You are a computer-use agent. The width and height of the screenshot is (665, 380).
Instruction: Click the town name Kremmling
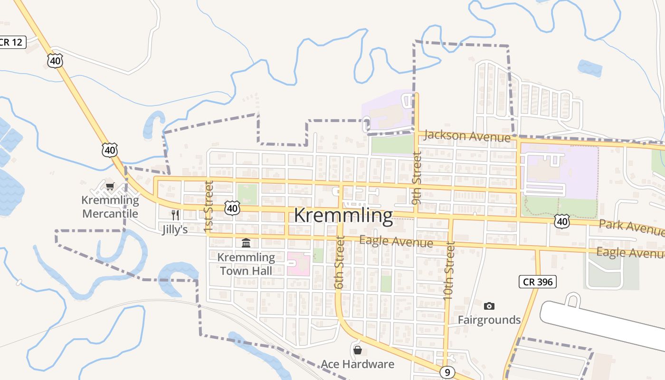(343, 216)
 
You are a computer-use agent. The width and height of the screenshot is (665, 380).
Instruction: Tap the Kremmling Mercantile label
(110, 207)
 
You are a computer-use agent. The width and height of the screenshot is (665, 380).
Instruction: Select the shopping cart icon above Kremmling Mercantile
(110, 186)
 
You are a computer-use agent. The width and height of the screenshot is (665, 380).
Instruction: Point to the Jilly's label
(175, 230)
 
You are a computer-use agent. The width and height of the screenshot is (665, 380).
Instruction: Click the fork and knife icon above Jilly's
(175, 215)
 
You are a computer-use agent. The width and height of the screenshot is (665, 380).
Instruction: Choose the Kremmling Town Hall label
(246, 264)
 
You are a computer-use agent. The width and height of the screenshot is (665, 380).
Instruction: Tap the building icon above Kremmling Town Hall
(246, 243)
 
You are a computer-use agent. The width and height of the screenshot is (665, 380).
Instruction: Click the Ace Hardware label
(357, 364)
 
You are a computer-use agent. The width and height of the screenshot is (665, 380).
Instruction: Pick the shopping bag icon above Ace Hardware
(357, 351)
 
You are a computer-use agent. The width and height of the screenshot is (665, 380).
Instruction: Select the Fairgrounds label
(489, 320)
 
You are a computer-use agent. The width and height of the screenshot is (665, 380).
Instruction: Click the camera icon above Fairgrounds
(489, 306)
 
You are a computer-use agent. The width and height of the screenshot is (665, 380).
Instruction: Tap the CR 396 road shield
(537, 282)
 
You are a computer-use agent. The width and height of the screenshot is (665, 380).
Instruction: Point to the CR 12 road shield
(11, 42)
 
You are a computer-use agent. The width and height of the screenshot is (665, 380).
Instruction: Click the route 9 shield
(447, 372)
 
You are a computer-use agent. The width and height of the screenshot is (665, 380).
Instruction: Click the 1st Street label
(209, 207)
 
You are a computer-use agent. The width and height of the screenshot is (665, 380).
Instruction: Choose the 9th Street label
(417, 178)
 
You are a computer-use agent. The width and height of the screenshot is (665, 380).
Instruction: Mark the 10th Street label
(448, 270)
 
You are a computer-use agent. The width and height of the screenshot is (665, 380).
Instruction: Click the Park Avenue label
(631, 227)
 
